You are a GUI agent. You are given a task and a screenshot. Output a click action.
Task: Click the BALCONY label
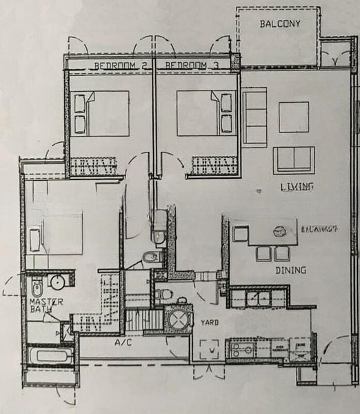(279, 24)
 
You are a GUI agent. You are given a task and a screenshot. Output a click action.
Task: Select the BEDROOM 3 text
(187, 66)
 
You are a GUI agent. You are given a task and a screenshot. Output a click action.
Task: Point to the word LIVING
(297, 187)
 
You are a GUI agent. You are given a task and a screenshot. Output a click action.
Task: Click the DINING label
(290, 270)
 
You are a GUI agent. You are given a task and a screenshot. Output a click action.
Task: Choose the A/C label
(124, 343)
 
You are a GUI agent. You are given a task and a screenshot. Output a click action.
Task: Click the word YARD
(210, 322)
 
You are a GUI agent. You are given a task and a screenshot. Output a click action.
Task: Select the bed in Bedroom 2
(101, 113)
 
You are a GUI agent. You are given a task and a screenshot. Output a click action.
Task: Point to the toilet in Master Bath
(37, 285)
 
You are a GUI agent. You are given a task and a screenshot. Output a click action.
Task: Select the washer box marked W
(210, 349)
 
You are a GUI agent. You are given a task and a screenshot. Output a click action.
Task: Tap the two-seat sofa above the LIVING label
(293, 160)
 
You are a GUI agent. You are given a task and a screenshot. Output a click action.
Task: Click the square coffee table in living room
(293, 117)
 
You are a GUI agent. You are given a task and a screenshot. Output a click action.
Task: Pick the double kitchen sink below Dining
(260, 298)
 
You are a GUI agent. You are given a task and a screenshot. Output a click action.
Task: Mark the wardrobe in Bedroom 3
(214, 166)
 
